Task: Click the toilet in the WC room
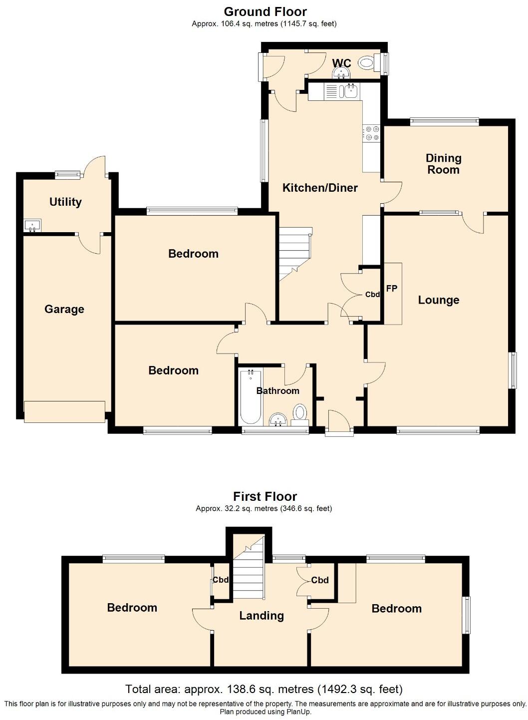(x=368, y=63)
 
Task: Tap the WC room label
(x=342, y=63)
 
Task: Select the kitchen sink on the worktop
(x=349, y=91)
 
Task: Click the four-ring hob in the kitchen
(x=372, y=133)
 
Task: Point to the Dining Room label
(x=443, y=164)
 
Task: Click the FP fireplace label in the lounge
(x=392, y=288)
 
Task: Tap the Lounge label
(x=438, y=300)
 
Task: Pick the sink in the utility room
(x=33, y=226)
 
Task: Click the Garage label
(x=64, y=309)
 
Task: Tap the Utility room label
(x=65, y=202)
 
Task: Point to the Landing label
(x=262, y=616)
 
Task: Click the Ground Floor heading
(x=265, y=11)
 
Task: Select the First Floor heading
(x=265, y=496)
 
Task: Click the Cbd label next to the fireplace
(x=372, y=295)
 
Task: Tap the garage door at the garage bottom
(x=64, y=411)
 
